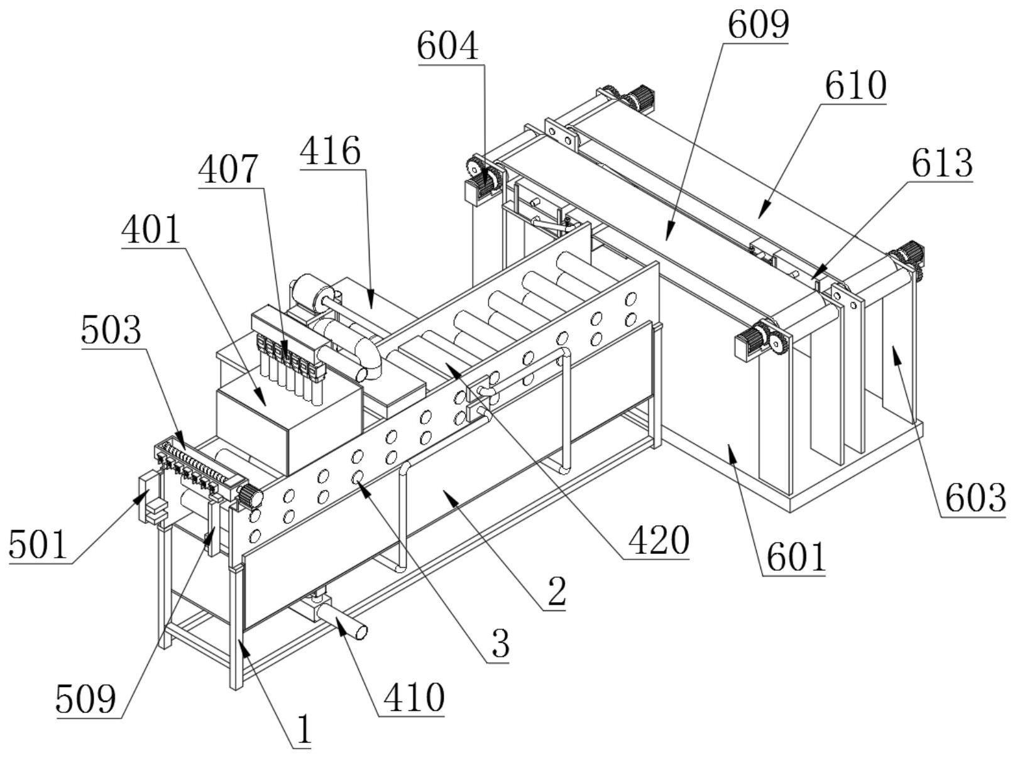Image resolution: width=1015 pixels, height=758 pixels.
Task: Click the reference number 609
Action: click(759, 24)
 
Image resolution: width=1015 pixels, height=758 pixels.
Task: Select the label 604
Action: click(447, 46)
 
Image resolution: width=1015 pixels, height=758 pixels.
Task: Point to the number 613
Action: click(942, 163)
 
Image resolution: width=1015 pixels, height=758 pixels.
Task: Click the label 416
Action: click(330, 151)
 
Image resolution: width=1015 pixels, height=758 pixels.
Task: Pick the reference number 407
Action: click(228, 170)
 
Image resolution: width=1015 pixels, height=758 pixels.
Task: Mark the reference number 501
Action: click(39, 545)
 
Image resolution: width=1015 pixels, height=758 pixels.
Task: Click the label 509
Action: click(86, 700)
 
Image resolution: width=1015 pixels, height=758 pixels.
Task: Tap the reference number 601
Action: click(796, 558)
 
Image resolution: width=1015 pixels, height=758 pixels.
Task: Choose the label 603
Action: click(975, 499)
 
